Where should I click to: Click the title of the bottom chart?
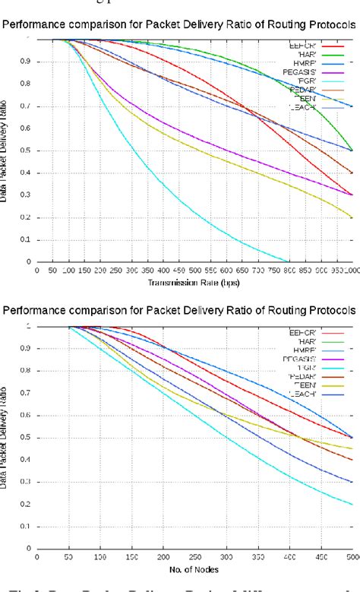coord(180,311)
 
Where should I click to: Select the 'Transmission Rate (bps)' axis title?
coord(194,283)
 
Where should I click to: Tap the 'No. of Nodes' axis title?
coord(194,568)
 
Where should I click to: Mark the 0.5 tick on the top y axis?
coord(29,150)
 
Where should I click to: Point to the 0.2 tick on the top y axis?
coord(29,217)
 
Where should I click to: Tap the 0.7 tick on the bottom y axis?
coord(29,393)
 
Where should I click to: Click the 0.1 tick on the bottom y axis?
coord(29,526)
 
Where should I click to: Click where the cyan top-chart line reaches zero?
coord(289,261)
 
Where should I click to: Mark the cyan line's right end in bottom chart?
coord(352,503)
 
